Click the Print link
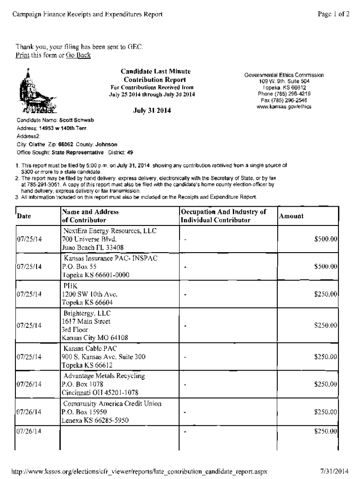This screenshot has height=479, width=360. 22,56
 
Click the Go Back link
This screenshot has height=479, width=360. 78,56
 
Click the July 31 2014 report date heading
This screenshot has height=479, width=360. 152,111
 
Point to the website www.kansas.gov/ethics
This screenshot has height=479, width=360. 284,106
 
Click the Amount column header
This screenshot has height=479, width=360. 291,216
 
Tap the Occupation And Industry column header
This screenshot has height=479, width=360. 223,216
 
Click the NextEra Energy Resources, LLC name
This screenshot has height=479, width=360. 110,231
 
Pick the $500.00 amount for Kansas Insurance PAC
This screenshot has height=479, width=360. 326,266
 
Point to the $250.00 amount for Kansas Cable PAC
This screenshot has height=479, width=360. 326,357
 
